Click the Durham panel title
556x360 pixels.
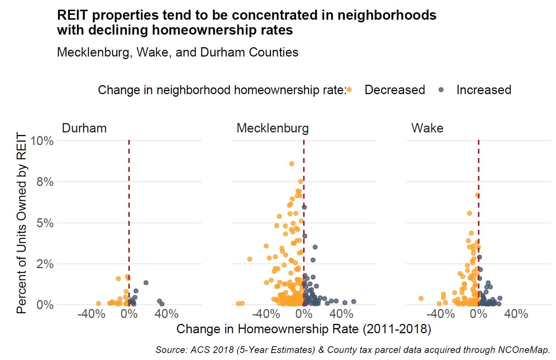pos(84,128)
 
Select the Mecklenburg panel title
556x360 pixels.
pos(272,128)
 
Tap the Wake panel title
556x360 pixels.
pos(427,128)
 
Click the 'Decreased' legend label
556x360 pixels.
pos(394,90)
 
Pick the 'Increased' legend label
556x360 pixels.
pos(483,90)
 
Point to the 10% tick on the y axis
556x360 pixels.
pos(42,141)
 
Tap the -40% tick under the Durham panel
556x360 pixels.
pos(91,314)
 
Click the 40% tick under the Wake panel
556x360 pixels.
pos(516,314)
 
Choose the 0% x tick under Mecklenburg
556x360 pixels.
pos(304,314)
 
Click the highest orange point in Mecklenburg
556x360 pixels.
pos(292,164)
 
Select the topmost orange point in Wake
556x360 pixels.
pos(477,195)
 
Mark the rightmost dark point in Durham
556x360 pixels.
pos(162,304)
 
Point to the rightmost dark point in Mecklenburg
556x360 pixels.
pos(353,302)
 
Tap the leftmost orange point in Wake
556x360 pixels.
pos(421,298)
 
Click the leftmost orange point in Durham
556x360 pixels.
pos(99,303)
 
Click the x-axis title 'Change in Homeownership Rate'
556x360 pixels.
pos(303,329)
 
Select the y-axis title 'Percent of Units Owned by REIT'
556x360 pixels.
pos(22,223)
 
